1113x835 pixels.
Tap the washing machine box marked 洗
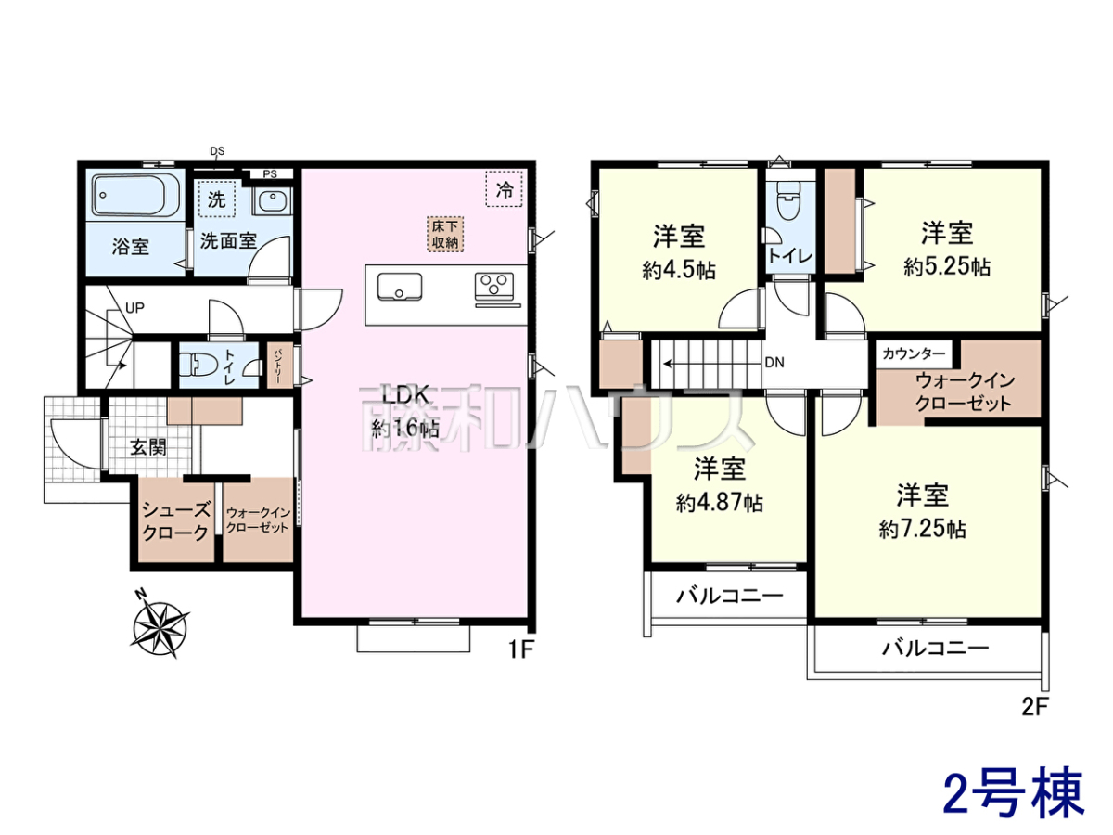pos(216,199)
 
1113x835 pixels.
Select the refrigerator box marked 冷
pos(504,188)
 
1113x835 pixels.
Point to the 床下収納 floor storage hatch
pos(444,235)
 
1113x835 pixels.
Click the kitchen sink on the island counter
pos(400,287)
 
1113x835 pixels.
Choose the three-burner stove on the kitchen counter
pos(493,287)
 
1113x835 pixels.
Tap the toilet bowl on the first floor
pos(198,364)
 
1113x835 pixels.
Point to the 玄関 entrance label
pos(148,447)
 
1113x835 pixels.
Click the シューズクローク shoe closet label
pos(175,521)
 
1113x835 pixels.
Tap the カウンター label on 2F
pos(914,353)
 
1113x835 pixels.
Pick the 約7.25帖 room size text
pos(922,530)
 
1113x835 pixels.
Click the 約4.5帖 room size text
pos(679,271)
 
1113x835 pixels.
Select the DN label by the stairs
pos(774,363)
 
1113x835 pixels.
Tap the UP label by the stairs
pos(134,308)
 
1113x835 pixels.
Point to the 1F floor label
pos(521,649)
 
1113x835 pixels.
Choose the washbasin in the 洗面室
pos(273,200)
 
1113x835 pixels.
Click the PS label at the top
pos(270,174)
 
